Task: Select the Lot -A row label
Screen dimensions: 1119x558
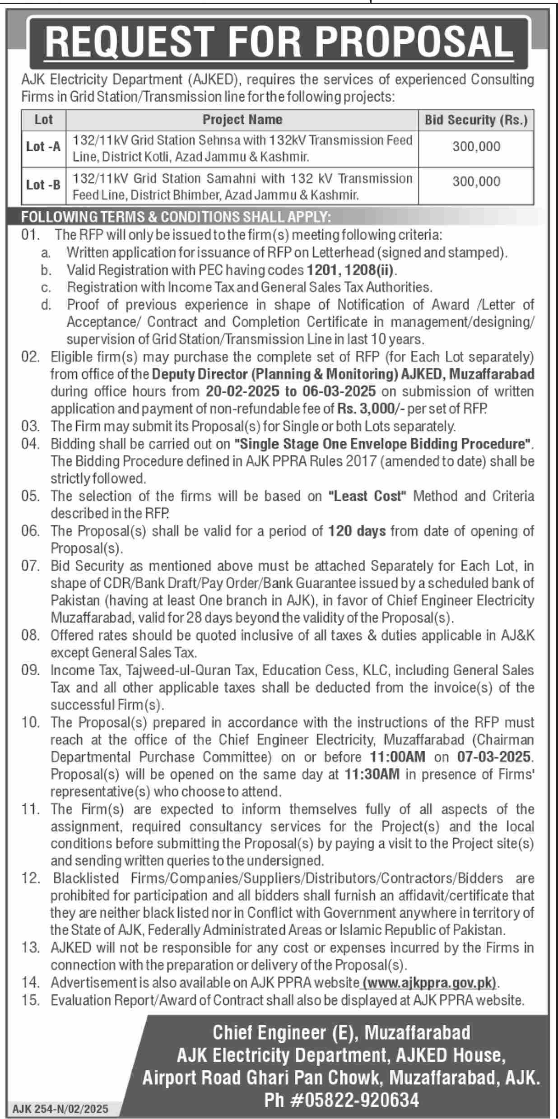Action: pyautogui.click(x=43, y=147)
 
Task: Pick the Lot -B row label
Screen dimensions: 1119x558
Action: pyautogui.click(x=43, y=185)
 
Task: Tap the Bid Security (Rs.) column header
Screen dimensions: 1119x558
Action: pyautogui.click(x=476, y=120)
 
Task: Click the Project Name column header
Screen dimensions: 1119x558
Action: pyautogui.click(x=242, y=120)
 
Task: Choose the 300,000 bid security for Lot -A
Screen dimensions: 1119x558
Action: pyautogui.click(x=476, y=147)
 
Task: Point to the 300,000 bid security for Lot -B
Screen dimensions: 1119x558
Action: pyautogui.click(x=476, y=181)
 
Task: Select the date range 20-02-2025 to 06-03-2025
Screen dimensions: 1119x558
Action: pyautogui.click(x=290, y=391)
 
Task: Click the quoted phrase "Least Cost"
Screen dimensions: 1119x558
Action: pyautogui.click(x=367, y=496)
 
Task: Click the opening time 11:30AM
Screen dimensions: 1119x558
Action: pyautogui.click(x=372, y=774)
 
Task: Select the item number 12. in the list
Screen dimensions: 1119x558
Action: pyautogui.click(x=30, y=878)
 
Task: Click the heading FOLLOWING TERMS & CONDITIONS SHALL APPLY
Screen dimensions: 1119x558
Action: pyautogui.click(x=176, y=218)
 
